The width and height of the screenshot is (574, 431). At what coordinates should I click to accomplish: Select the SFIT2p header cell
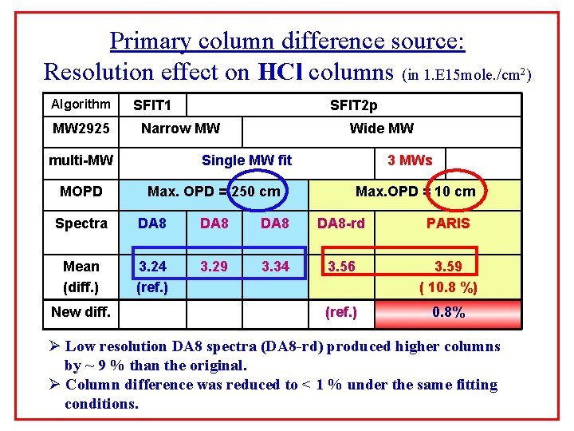pos(354,105)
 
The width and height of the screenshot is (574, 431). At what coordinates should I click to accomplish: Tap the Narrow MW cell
pos(180,129)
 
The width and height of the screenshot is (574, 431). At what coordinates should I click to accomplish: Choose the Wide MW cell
pos(381,129)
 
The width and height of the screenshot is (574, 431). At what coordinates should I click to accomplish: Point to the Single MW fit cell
pos(246,160)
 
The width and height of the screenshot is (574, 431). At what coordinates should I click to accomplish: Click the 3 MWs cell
pos(410,160)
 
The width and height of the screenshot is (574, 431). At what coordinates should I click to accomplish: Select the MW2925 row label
pos(81,129)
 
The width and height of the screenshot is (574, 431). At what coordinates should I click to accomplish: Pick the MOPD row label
pos(81,192)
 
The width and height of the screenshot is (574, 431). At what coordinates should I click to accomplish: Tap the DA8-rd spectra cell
pos(341,223)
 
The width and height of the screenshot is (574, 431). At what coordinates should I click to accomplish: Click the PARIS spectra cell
pos(448,223)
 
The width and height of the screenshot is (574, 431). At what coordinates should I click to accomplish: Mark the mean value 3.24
pos(152,267)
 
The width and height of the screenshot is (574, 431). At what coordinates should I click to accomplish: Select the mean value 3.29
pos(214,267)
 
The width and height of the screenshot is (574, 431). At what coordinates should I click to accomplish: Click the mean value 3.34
pos(275,267)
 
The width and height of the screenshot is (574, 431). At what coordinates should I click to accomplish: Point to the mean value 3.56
pos(341,267)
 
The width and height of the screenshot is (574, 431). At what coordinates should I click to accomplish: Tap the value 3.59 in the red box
pos(448,267)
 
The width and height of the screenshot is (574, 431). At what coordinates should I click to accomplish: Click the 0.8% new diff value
pos(448,312)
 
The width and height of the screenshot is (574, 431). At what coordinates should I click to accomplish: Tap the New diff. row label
pos(81,312)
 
